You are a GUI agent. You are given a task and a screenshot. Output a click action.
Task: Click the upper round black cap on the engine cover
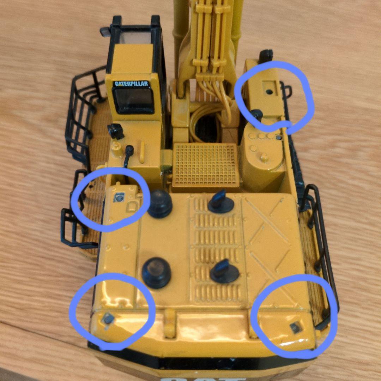(159, 203)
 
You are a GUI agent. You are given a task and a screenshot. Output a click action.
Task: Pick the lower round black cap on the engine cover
(156, 272)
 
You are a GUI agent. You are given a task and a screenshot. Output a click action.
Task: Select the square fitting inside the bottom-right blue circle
(296, 327)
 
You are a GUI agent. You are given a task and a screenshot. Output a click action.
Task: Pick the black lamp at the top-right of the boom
(266, 55)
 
